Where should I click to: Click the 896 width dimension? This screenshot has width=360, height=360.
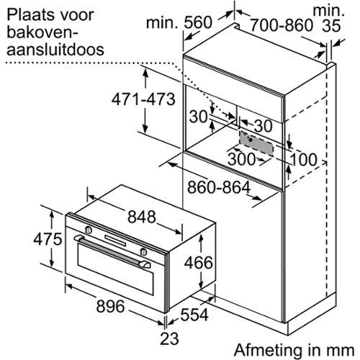pos(110,306)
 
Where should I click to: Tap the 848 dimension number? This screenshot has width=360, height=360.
pos(142,217)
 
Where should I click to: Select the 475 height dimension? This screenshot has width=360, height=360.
pos(48,239)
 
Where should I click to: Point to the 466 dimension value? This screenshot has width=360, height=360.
pos(198,262)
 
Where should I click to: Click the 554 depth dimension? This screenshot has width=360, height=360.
pos(194,315)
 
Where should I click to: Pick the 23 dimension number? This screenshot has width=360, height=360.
pos(169,338)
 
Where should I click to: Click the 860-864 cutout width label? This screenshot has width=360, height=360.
pos(219,187)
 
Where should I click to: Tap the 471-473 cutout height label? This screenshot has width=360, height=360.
pos(143,99)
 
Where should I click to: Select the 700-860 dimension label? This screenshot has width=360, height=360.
pos(282,25)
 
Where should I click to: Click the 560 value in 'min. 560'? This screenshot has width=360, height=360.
pos(198,22)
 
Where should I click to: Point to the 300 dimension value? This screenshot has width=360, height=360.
pos(241,158)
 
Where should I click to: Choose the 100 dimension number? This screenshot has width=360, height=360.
pos(304,160)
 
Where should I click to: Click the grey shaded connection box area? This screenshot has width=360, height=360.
pos(257,143)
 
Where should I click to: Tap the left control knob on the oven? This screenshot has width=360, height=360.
pos(89,230)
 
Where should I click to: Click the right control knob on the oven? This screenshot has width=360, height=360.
pos(143,251)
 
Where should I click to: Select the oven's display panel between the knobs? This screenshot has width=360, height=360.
pos(115,240)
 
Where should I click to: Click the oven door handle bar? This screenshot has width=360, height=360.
pos(112,251)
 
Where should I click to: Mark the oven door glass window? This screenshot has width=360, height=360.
pos(115,269)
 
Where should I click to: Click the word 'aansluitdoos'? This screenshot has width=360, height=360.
pos(55,49)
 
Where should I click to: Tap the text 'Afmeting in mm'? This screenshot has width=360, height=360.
pos(294,350)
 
